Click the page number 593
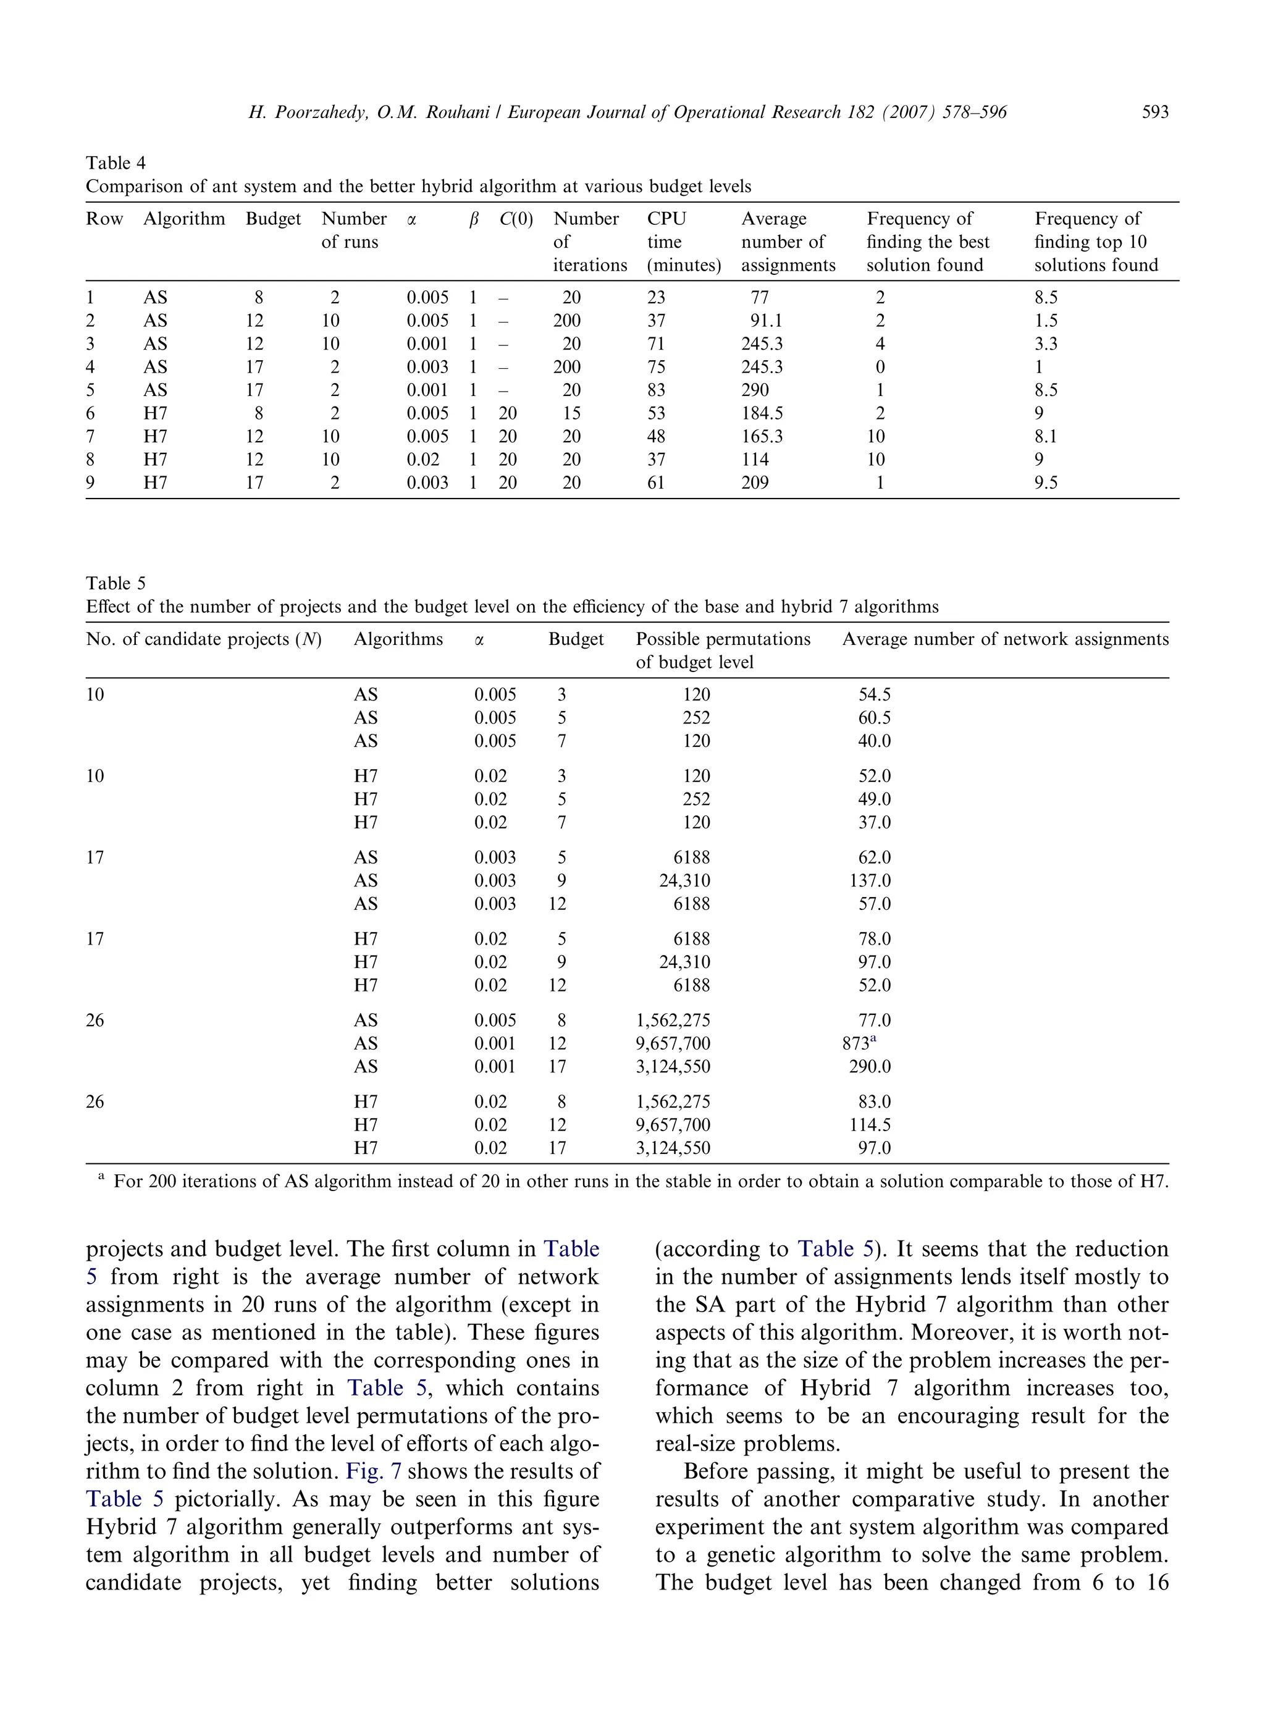coord(1154,112)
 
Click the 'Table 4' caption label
coord(116,163)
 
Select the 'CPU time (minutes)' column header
coord(683,242)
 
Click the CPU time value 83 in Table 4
coord(656,390)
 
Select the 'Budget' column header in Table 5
coord(576,639)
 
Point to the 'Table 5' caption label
coord(116,584)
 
